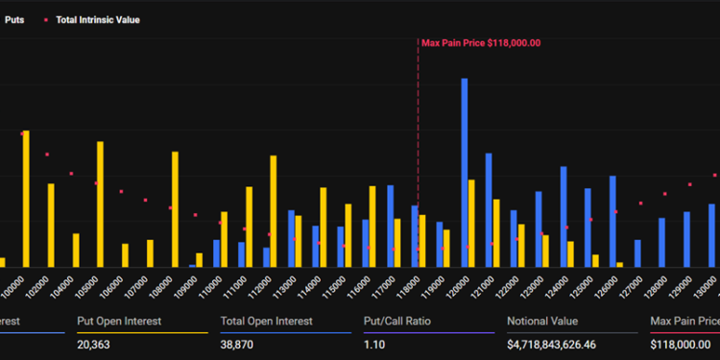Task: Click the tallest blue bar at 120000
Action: click(x=465, y=173)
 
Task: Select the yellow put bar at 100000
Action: click(x=26, y=199)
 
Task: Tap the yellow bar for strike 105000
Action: click(x=101, y=204)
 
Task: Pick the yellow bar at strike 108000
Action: click(x=175, y=209)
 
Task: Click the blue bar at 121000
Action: click(x=489, y=209)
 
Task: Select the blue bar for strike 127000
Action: click(x=637, y=253)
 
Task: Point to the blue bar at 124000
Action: click(x=564, y=216)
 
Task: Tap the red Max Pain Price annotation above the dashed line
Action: click(x=481, y=42)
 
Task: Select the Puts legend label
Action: click(x=15, y=19)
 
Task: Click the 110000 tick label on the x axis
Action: click(x=215, y=285)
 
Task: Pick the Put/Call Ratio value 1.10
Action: click(x=374, y=343)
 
